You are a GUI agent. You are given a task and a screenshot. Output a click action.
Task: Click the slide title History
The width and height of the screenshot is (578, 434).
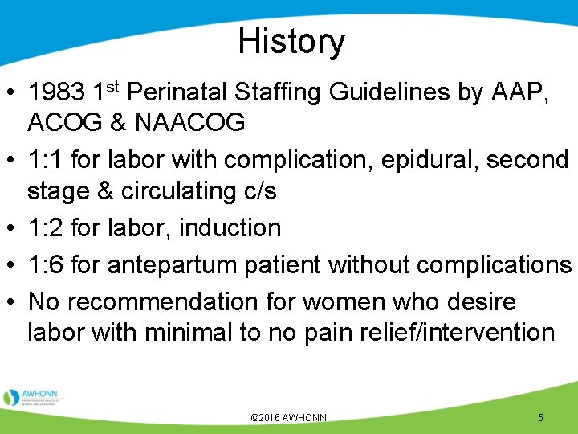click(291, 42)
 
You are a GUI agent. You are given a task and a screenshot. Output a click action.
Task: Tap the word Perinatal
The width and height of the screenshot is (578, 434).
click(172, 93)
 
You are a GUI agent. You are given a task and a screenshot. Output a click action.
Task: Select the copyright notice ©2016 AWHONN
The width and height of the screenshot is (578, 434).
click(289, 418)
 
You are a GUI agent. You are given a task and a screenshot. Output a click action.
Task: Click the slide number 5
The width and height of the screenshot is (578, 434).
click(540, 418)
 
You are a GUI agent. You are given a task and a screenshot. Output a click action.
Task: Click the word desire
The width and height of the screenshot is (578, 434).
click(473, 302)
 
